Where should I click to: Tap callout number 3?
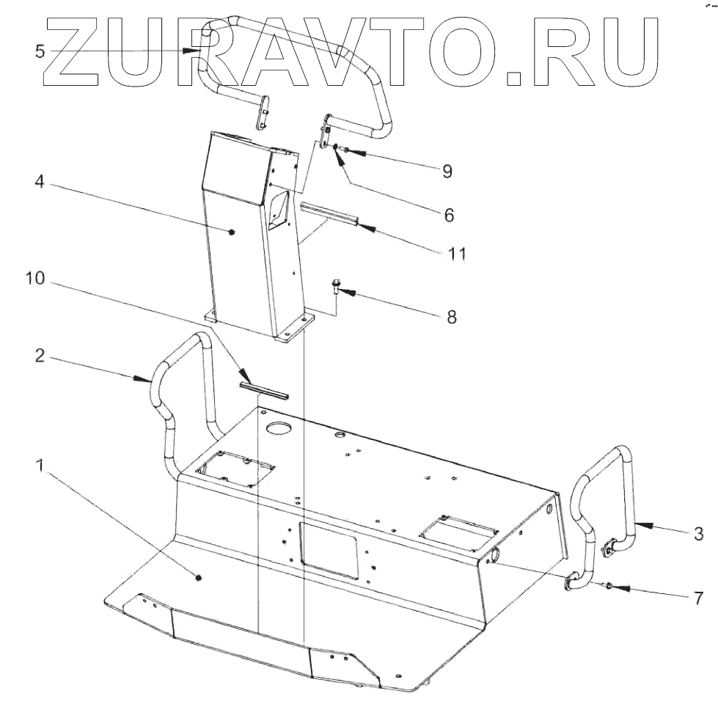pyautogui.click(x=700, y=532)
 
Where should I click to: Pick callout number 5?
pyautogui.click(x=39, y=51)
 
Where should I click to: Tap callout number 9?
pyautogui.click(x=446, y=172)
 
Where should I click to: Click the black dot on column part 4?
pyautogui.click(x=232, y=232)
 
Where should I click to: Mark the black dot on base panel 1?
pyautogui.click(x=199, y=579)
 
